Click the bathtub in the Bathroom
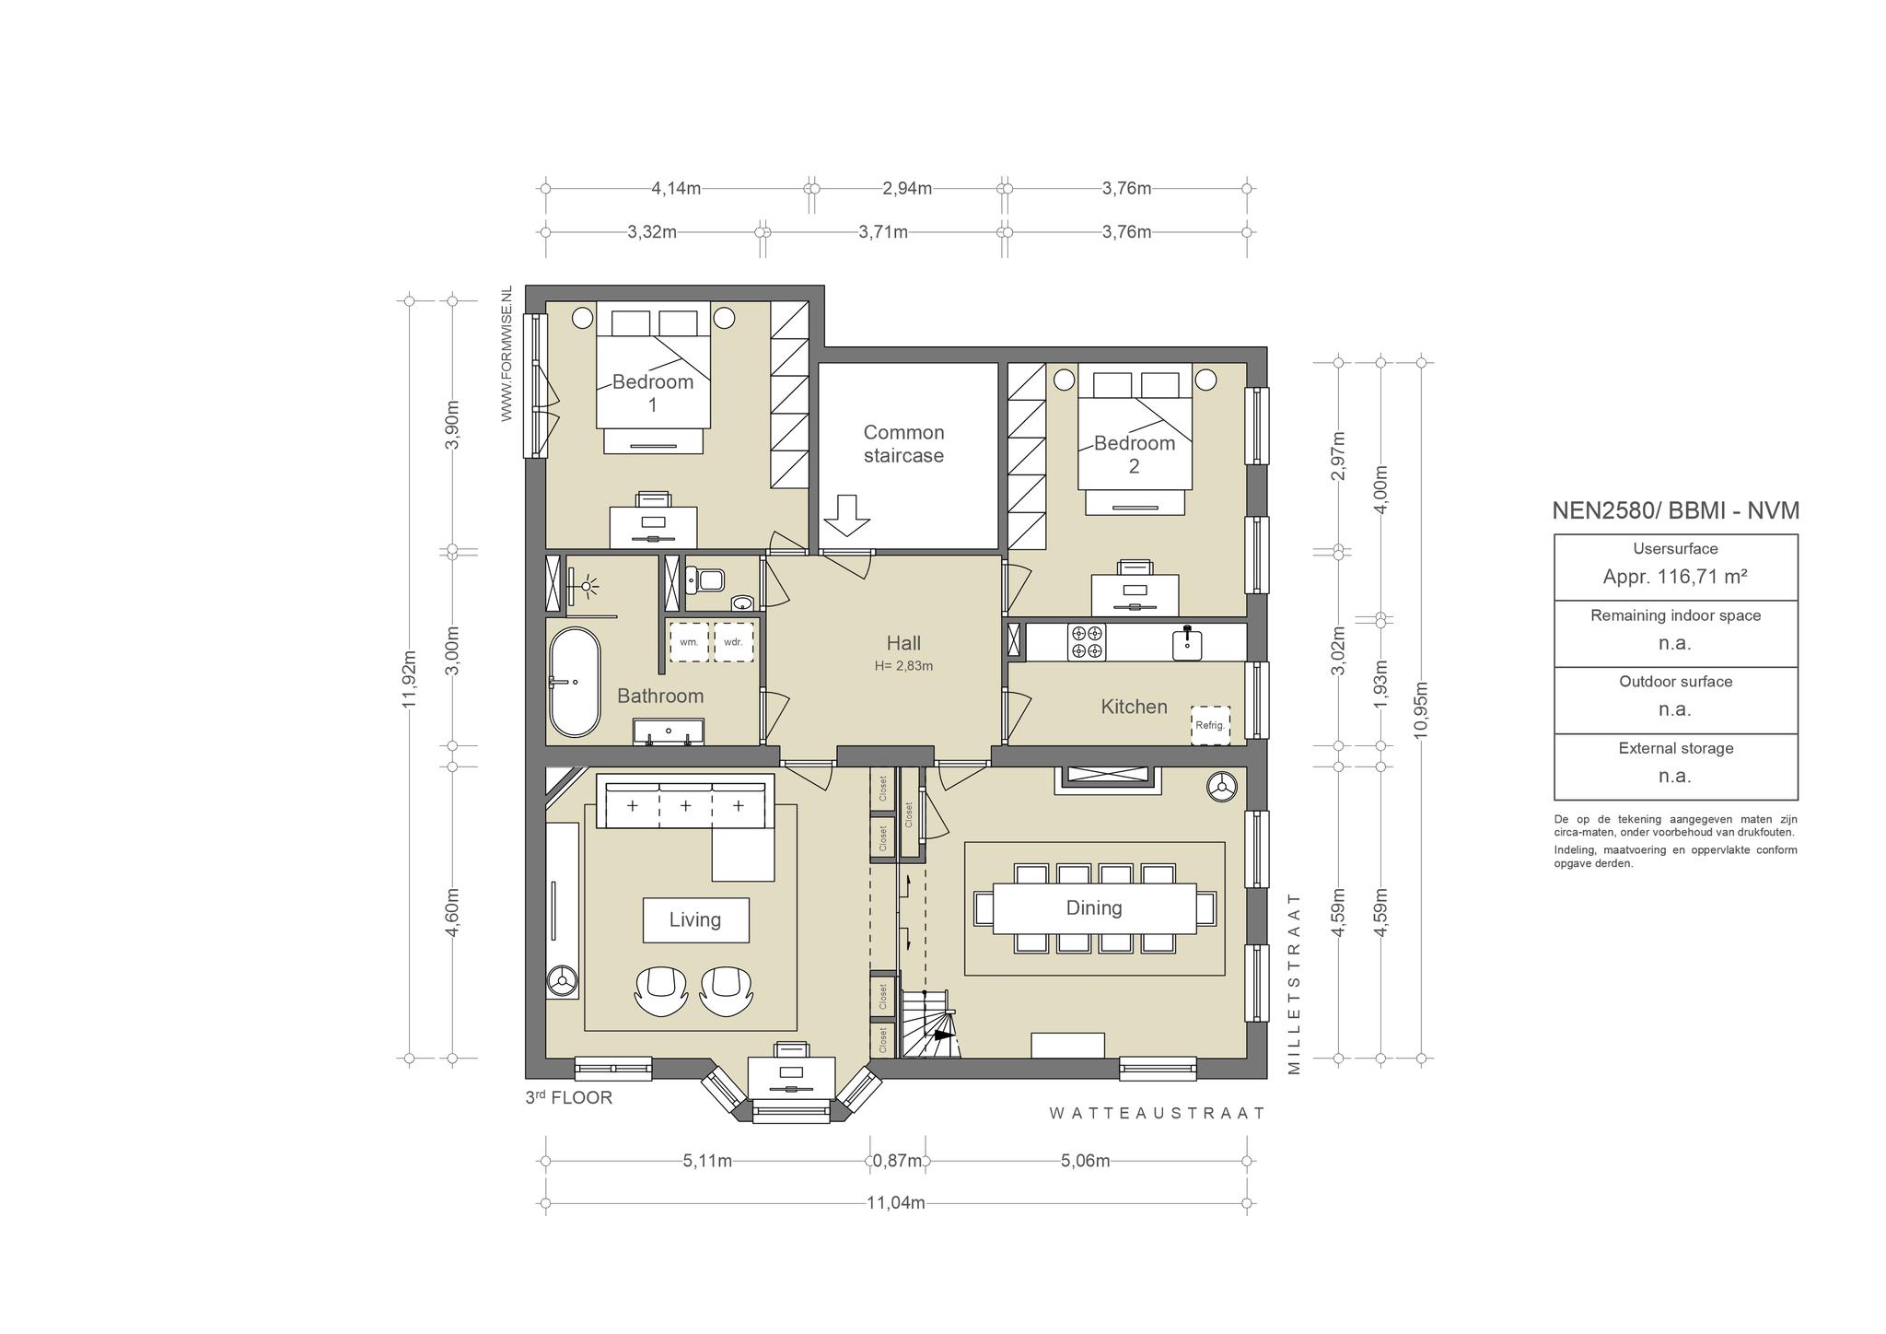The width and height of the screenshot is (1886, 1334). point(575,682)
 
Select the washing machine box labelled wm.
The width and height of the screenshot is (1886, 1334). point(689,642)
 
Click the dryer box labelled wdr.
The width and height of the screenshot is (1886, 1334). point(733,642)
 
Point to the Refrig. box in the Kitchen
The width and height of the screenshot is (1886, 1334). point(1210,725)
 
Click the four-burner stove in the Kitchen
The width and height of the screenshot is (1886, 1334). point(1087,642)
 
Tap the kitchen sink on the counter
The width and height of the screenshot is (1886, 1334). point(1188,642)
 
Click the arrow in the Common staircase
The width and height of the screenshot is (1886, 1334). point(846,515)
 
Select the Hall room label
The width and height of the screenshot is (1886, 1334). point(903,643)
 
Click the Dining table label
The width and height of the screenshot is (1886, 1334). point(1094,907)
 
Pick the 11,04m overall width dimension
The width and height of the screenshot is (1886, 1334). point(896,1202)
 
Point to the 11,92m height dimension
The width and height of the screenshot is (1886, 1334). point(410,678)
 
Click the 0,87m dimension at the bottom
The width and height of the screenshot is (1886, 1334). point(897,1161)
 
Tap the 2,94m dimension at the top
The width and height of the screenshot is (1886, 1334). point(907,189)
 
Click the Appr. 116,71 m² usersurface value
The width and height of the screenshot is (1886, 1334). point(1675,577)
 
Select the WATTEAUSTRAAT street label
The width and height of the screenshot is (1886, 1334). point(1158,1113)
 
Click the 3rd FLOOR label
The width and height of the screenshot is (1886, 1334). point(568,1097)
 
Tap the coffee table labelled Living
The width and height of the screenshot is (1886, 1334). point(695,919)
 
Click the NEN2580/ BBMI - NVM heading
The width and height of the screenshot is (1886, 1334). point(1675,510)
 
